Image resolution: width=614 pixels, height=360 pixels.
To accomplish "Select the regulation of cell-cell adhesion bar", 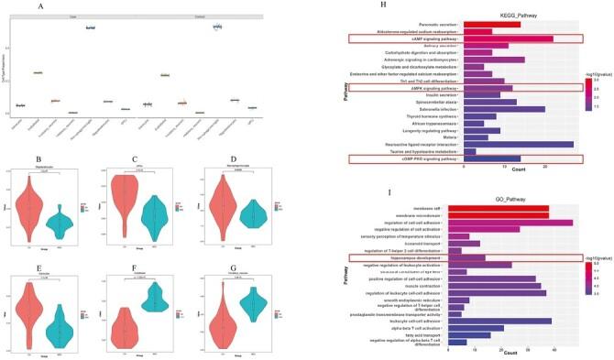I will [x=519, y=222].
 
